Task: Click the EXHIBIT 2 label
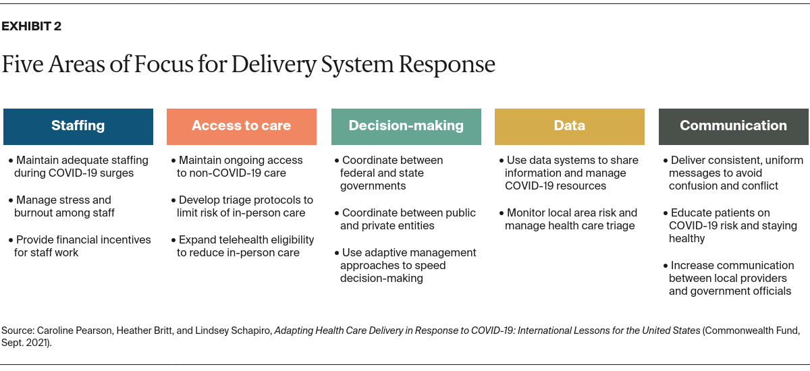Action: point(32,27)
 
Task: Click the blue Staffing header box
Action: point(78,126)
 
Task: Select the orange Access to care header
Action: point(242,126)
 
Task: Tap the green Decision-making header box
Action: point(406,126)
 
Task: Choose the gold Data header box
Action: point(569,126)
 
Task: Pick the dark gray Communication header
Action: point(733,126)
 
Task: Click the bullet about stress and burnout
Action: point(64,206)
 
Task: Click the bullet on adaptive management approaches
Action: point(407,265)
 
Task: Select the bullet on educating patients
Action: point(733,226)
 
